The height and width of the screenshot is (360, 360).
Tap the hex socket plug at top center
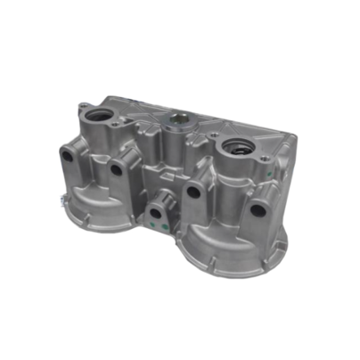coord(176,119)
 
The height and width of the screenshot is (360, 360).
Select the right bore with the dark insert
coord(237,150)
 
